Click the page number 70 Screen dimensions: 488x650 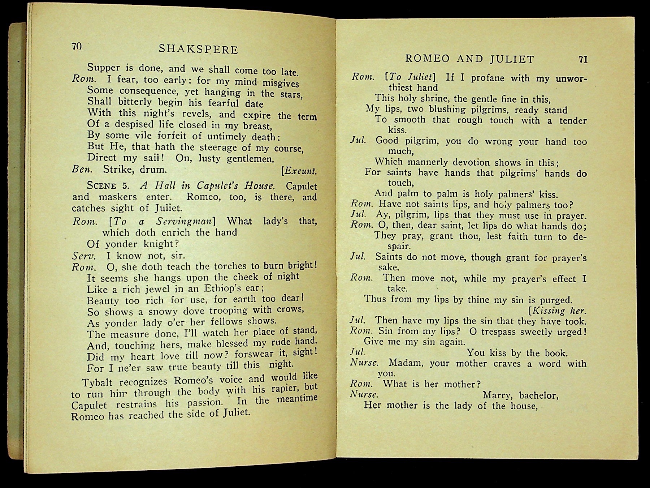click(x=77, y=46)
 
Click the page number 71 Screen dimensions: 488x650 click(x=583, y=59)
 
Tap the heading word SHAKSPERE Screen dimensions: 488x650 click(x=199, y=49)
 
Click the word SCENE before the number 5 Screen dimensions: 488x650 click(x=101, y=186)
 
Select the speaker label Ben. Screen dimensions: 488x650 click(x=82, y=169)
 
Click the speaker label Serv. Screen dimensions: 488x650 click(x=84, y=256)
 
